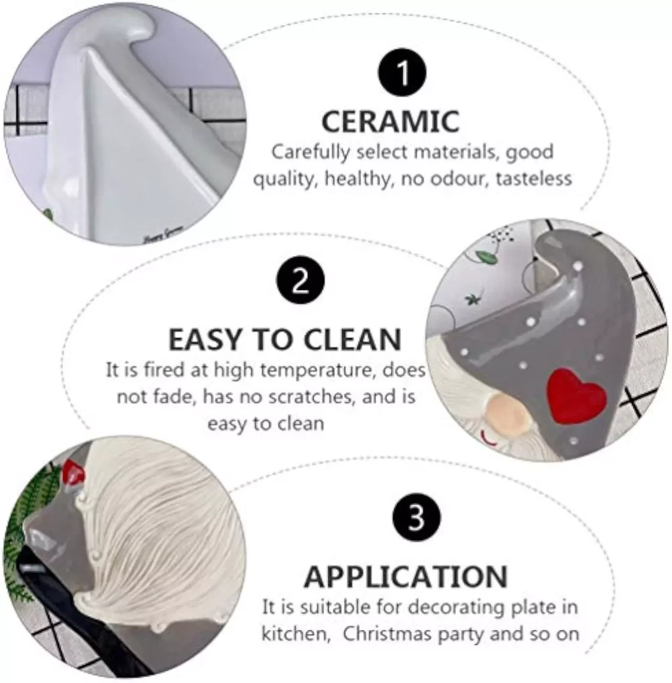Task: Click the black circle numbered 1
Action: pos(402,72)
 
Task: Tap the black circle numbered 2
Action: pos(301,281)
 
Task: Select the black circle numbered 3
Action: pos(416,517)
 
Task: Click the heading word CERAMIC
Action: pos(390,121)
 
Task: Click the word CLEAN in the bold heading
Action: pos(352,340)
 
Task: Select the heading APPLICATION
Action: pos(406,577)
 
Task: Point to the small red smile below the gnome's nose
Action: pos(488,439)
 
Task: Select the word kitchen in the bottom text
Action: pos(294,634)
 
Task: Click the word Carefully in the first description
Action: pos(310,152)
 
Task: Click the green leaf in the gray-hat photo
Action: pos(484,257)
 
